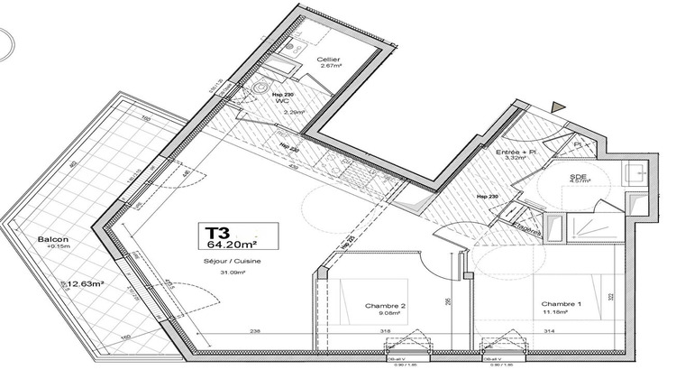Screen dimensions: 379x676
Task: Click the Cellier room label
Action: point(328,59)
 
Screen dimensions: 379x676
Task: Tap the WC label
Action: point(289,101)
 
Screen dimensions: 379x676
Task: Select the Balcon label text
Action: point(50,239)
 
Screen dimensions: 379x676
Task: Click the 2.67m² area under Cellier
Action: point(328,67)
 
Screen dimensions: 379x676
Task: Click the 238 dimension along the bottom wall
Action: point(255,332)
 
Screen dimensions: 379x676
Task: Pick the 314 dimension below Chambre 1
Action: point(550,332)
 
